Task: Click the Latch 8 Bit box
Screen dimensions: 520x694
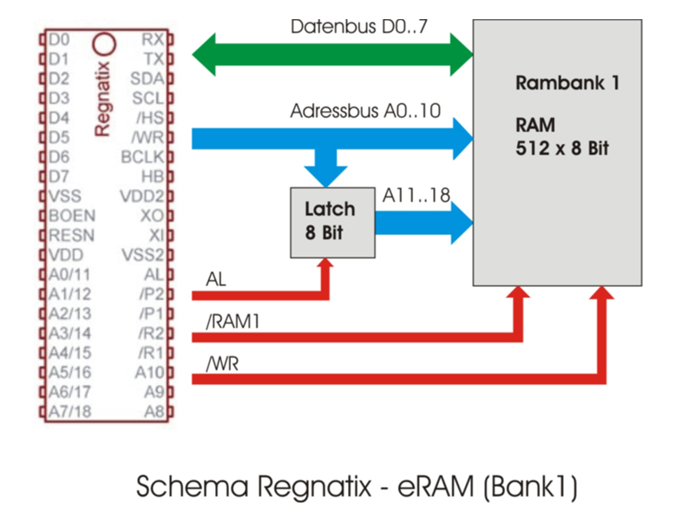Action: coord(333,222)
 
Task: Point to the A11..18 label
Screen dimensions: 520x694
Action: coord(416,196)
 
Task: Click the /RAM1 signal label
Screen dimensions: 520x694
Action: coord(229,322)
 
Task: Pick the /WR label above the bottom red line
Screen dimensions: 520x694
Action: coord(220,363)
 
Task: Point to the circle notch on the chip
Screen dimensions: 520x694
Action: coord(105,42)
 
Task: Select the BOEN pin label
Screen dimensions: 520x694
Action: coord(72,216)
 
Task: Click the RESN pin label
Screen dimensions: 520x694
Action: coord(72,236)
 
